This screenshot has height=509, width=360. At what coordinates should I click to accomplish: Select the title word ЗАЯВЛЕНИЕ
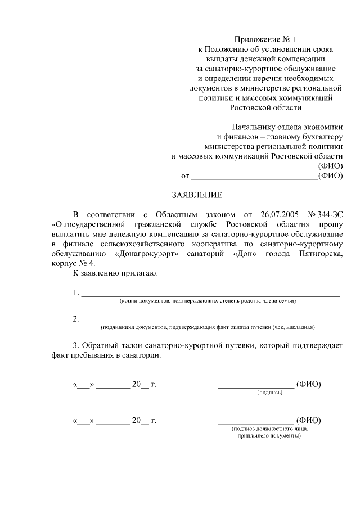[197, 195]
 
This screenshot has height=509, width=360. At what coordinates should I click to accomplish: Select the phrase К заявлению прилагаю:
[116, 273]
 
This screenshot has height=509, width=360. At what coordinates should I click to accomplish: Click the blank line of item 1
[210, 294]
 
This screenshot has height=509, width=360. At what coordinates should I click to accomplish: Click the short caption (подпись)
[269, 392]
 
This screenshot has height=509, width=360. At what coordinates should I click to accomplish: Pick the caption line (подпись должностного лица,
[269, 429]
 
